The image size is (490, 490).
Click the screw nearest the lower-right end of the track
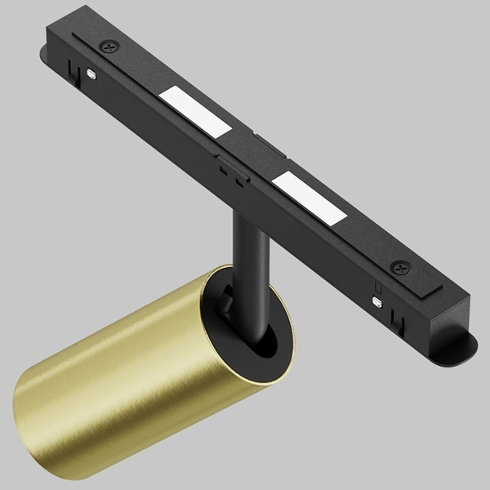click(x=400, y=267)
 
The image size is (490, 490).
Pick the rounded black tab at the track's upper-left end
click(x=44, y=58)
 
